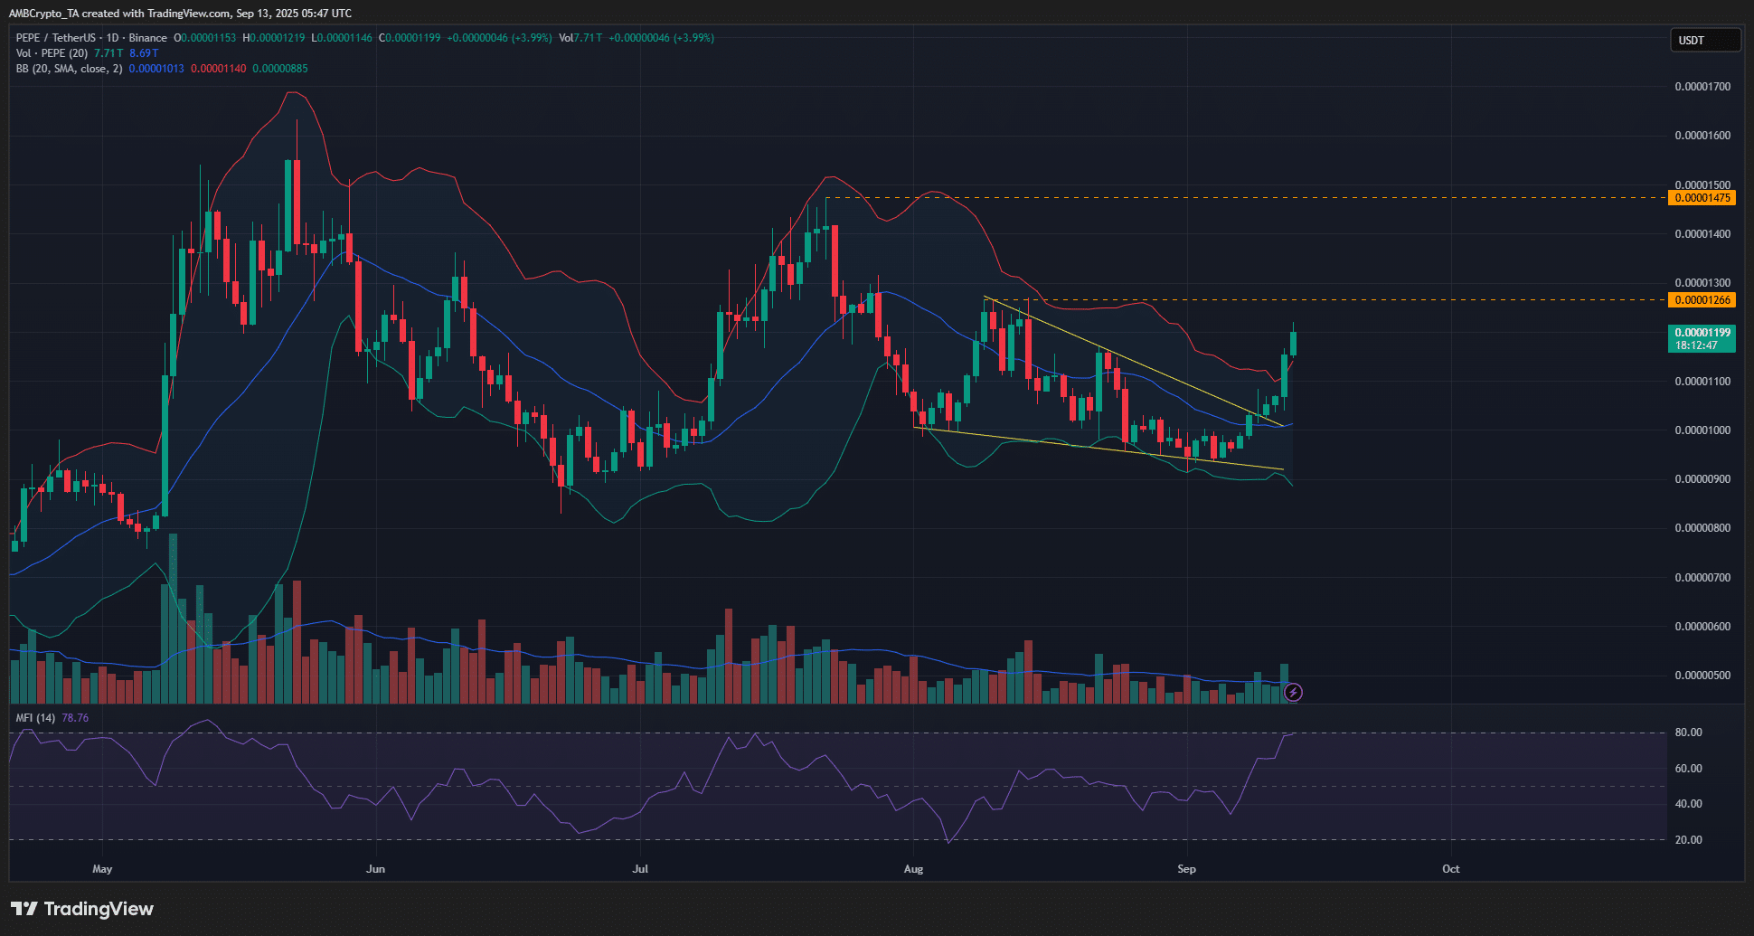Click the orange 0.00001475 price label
pyautogui.click(x=1702, y=198)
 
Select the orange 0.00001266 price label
pyautogui.click(x=1702, y=300)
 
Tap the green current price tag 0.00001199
pyautogui.click(x=1702, y=333)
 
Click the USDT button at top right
pyautogui.click(x=1704, y=40)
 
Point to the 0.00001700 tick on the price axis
pyautogui.click(x=1702, y=87)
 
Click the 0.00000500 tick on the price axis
pyautogui.click(x=1702, y=676)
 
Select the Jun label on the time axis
pyautogui.click(x=375, y=869)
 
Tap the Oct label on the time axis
pyautogui.click(x=1450, y=869)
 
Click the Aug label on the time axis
pyautogui.click(x=913, y=869)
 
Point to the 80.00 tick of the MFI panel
pyautogui.click(x=1688, y=733)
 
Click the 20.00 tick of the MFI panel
pyautogui.click(x=1688, y=840)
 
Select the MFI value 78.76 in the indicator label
pyautogui.click(x=75, y=718)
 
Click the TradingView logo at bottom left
pyautogui.click(x=82, y=909)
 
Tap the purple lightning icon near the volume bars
pyautogui.click(x=1294, y=693)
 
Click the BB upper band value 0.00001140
pyautogui.click(x=218, y=69)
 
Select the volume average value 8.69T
pyautogui.click(x=144, y=53)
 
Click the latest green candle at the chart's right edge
pyautogui.click(x=1294, y=344)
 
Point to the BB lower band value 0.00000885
pyautogui.click(x=279, y=69)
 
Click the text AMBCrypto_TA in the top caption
pyautogui.click(x=43, y=14)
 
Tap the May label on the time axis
pyautogui.click(x=102, y=869)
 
